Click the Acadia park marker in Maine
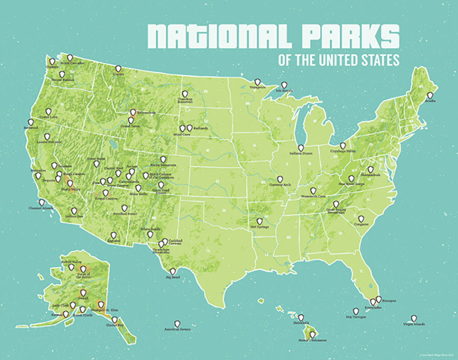click(x=430, y=96)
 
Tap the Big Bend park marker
click(x=173, y=271)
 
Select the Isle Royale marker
click(x=284, y=85)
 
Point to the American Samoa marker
click(x=177, y=323)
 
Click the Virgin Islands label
click(x=414, y=324)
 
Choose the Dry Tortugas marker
click(x=356, y=311)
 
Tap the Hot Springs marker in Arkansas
click(x=259, y=221)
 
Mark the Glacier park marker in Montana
click(x=118, y=68)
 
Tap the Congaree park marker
click(x=361, y=219)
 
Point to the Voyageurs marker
click(x=257, y=82)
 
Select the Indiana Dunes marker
click(x=300, y=148)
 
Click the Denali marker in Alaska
click(x=83, y=292)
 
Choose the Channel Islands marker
click(x=42, y=202)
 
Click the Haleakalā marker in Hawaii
click(x=301, y=317)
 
